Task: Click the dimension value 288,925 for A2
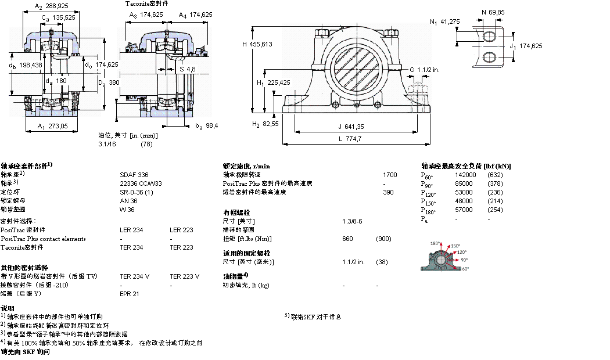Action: click(56, 6)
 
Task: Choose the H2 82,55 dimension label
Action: click(265, 124)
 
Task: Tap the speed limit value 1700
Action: click(390, 174)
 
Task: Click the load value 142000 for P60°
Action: click(465, 174)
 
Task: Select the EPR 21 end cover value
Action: click(129, 294)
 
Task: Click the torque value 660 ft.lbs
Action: click(347, 239)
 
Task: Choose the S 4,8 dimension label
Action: click(186, 69)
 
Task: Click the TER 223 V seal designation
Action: click(184, 276)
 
